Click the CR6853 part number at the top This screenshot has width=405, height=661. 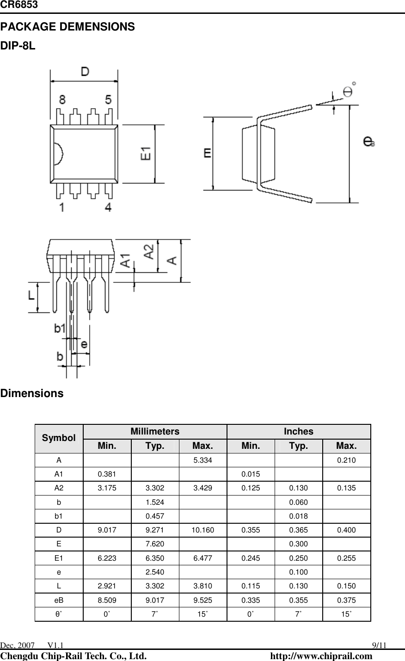click(x=19, y=5)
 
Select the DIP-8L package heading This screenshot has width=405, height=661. click(x=18, y=47)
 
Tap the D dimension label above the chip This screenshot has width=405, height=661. click(x=85, y=72)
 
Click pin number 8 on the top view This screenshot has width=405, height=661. click(x=62, y=100)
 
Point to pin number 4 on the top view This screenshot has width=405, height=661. click(x=108, y=207)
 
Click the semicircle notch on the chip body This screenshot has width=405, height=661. click(x=57, y=153)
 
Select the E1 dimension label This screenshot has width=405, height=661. click(x=146, y=153)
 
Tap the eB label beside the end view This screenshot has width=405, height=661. click(x=369, y=141)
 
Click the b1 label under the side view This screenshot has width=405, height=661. click(x=60, y=328)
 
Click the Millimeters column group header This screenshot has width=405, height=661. click(x=155, y=431)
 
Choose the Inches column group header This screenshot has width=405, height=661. click(x=298, y=431)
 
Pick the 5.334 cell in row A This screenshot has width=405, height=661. click(x=202, y=460)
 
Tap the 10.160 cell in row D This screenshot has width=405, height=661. click(x=202, y=530)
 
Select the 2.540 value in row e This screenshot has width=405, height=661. click(x=154, y=572)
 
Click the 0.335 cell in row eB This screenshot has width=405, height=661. click(x=251, y=600)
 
